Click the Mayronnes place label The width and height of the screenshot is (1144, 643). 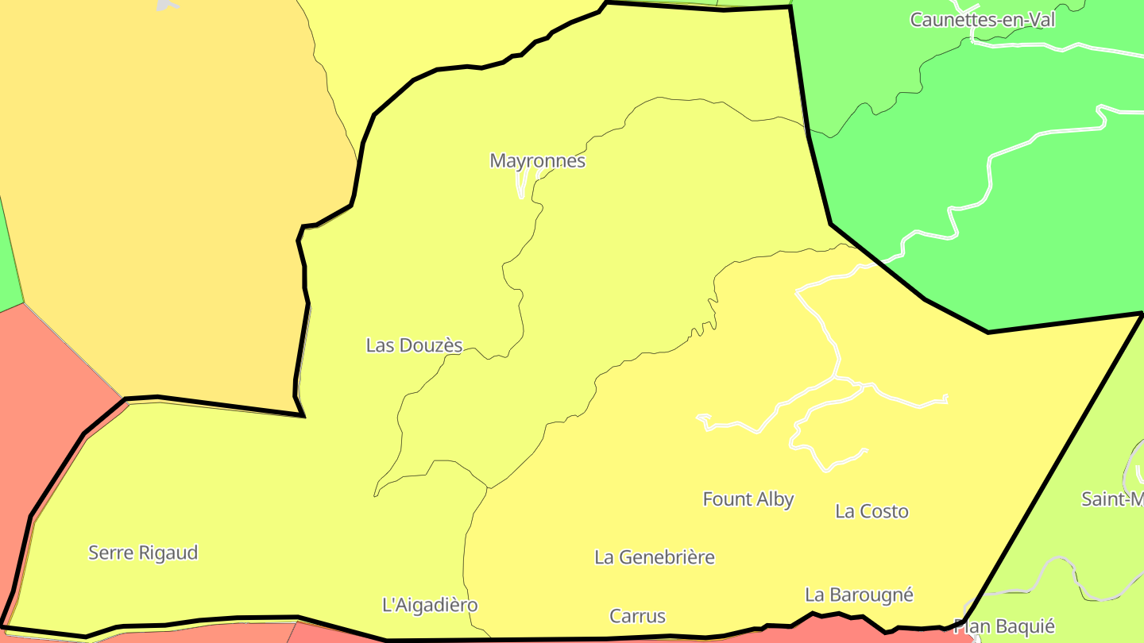pos(537,161)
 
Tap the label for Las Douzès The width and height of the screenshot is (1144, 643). pos(414,345)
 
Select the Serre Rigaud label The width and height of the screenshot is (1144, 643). pos(143,553)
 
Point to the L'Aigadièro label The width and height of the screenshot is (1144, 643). pos(430,605)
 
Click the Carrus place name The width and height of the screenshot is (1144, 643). pos(637,616)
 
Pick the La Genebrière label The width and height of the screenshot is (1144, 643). pos(655,557)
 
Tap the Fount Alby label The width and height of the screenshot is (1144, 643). pos(748,499)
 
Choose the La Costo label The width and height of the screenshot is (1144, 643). pos(872,511)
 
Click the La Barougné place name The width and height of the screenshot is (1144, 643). pos(859,595)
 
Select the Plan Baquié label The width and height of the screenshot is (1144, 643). pos(1004,626)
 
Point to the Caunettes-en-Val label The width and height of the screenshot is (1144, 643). pos(983,20)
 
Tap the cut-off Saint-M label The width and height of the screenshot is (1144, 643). pos(1113,499)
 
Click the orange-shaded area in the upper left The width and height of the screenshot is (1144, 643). pos(159,198)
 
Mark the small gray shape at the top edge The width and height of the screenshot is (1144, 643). pos(167,5)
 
